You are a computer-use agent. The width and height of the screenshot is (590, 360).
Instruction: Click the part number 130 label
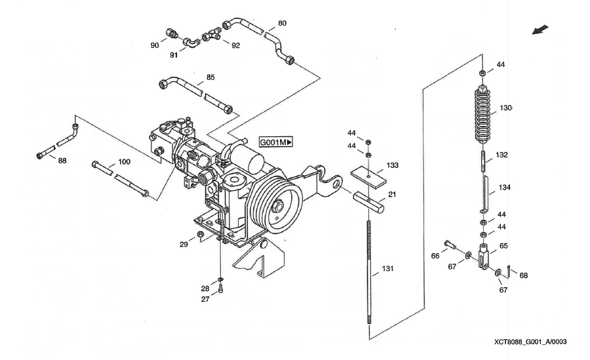(x=505, y=108)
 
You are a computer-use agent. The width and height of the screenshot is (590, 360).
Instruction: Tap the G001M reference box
(x=276, y=142)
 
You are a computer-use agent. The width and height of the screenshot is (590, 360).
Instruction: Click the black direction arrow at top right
(x=541, y=30)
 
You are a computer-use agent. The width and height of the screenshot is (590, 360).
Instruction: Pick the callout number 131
(x=389, y=270)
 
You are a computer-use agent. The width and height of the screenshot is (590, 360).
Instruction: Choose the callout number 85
(x=210, y=77)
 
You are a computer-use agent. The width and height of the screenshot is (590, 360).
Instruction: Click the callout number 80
(x=282, y=24)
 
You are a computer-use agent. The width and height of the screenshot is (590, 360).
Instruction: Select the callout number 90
(x=155, y=45)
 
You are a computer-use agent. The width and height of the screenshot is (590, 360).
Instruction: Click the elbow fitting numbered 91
(x=190, y=43)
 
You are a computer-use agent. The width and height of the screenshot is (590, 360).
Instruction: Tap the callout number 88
(x=62, y=160)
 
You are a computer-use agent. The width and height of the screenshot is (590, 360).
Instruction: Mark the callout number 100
(x=124, y=161)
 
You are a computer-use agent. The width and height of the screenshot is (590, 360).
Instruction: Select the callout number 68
(x=523, y=276)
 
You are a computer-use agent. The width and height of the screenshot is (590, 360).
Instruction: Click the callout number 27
(x=205, y=299)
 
